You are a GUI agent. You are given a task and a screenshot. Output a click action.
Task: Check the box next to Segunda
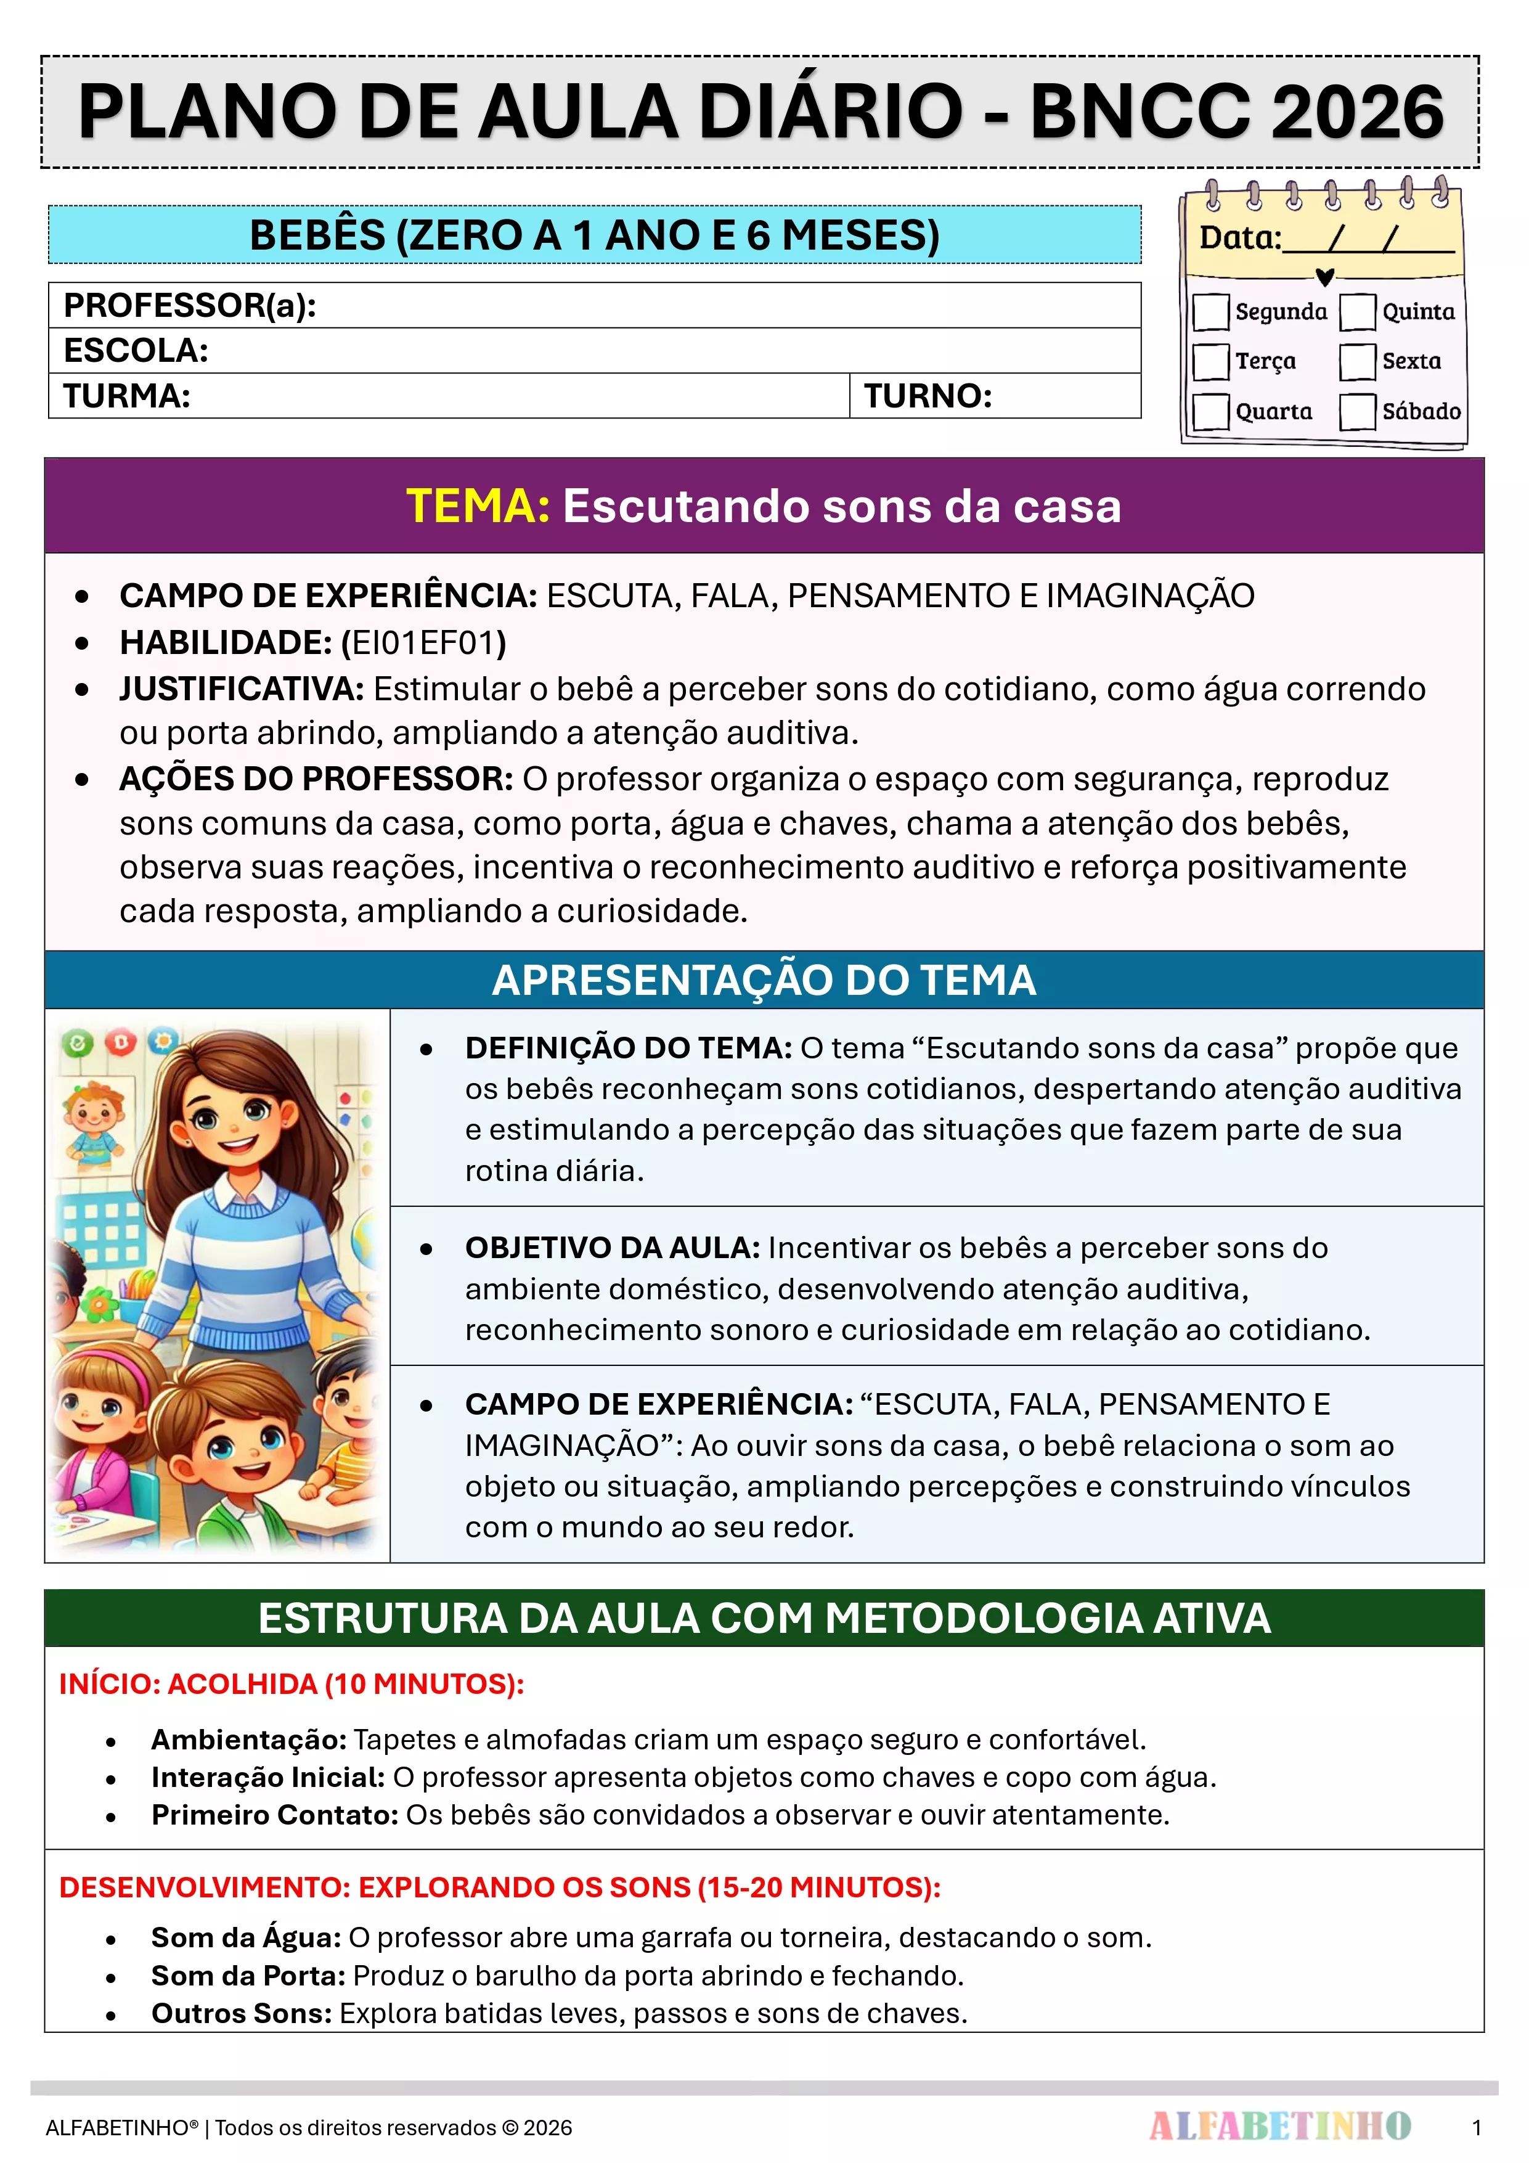[1210, 312]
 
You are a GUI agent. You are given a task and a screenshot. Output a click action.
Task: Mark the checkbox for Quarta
[1210, 412]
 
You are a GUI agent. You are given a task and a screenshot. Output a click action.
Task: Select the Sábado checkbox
[1358, 412]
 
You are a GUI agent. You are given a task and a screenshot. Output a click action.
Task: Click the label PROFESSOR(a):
[189, 305]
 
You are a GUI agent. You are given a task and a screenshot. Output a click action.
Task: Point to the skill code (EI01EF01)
[424, 642]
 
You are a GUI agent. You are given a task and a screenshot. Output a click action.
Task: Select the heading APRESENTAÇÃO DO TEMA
[764, 979]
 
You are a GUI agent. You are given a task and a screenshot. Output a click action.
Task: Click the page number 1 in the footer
[1476, 2128]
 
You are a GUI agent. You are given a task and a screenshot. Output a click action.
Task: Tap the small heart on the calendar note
[1324, 277]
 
